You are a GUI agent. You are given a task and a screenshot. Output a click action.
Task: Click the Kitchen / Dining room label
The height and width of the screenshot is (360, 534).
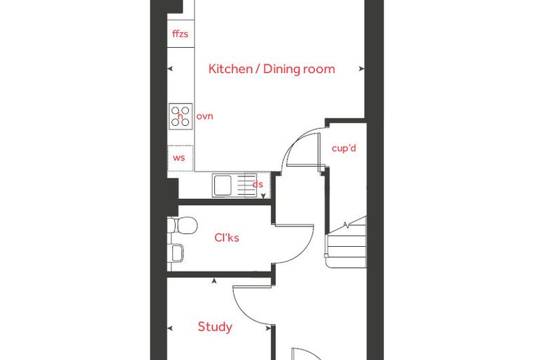point(271,69)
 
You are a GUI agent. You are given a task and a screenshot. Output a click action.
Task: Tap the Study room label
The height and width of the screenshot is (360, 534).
point(215,327)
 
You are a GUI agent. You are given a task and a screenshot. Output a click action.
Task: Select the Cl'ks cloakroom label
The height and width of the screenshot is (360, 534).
point(227,237)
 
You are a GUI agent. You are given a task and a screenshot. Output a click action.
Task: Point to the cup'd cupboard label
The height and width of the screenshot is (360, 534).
point(344,148)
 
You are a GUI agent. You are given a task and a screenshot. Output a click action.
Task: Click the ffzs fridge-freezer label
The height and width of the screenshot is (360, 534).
point(180,34)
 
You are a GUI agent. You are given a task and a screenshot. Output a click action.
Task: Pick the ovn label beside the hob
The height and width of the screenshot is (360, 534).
point(204,116)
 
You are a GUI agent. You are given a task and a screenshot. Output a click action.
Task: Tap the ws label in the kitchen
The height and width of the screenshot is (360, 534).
point(178,157)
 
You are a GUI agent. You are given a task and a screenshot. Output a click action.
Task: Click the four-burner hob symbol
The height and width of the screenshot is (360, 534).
point(181,116)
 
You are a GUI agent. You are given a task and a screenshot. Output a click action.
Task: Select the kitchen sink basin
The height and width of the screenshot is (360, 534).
point(222,186)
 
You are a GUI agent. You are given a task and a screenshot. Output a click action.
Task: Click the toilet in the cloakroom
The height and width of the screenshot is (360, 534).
point(183,225)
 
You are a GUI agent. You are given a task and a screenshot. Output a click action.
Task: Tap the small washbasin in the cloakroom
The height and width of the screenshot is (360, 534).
point(176,253)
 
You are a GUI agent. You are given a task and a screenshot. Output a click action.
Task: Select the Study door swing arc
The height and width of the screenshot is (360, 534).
point(245,312)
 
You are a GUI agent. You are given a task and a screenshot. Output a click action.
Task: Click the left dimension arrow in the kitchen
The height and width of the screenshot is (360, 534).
point(170,68)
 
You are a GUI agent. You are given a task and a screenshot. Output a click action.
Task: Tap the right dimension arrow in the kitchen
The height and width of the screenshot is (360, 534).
point(362,68)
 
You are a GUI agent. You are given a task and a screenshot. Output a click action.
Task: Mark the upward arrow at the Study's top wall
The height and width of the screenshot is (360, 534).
point(214,281)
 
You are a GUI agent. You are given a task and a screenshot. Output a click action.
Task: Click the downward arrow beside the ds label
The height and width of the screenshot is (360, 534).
point(263,195)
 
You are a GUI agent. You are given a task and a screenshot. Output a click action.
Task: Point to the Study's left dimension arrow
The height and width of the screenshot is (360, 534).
point(170,328)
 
